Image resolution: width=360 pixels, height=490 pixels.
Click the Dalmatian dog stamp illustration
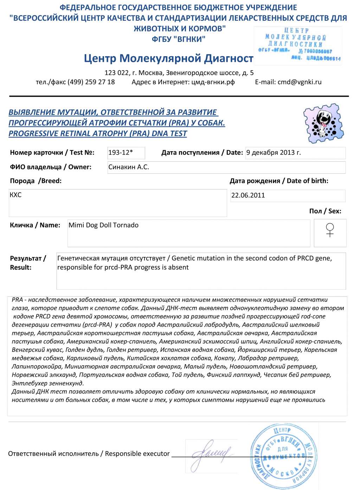pos(323,123)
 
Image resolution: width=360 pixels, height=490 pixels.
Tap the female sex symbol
pos(330,230)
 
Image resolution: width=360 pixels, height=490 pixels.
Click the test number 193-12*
pos(121,153)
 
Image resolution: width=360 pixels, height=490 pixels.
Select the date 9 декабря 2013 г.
pos(274,153)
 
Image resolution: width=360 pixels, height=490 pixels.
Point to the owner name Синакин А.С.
pos(129,167)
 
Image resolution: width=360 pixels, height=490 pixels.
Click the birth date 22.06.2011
pos(248,195)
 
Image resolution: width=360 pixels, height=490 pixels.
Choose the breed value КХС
pos(16,195)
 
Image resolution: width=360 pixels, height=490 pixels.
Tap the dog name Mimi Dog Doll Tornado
pos(103,225)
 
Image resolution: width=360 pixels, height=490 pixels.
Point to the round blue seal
pos(281,456)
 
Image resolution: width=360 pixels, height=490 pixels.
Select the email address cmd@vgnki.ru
pos(300,82)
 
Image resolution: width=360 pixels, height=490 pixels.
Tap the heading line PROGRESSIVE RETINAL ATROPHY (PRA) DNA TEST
pos(98,134)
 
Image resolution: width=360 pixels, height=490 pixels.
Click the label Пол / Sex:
pos(325,211)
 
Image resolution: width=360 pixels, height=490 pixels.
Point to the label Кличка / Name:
pos(35,225)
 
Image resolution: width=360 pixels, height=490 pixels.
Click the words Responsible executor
pos(137,454)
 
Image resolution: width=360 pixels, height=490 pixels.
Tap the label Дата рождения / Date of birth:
pos(279,181)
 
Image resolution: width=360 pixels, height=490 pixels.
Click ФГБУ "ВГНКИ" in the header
pos(179,39)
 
